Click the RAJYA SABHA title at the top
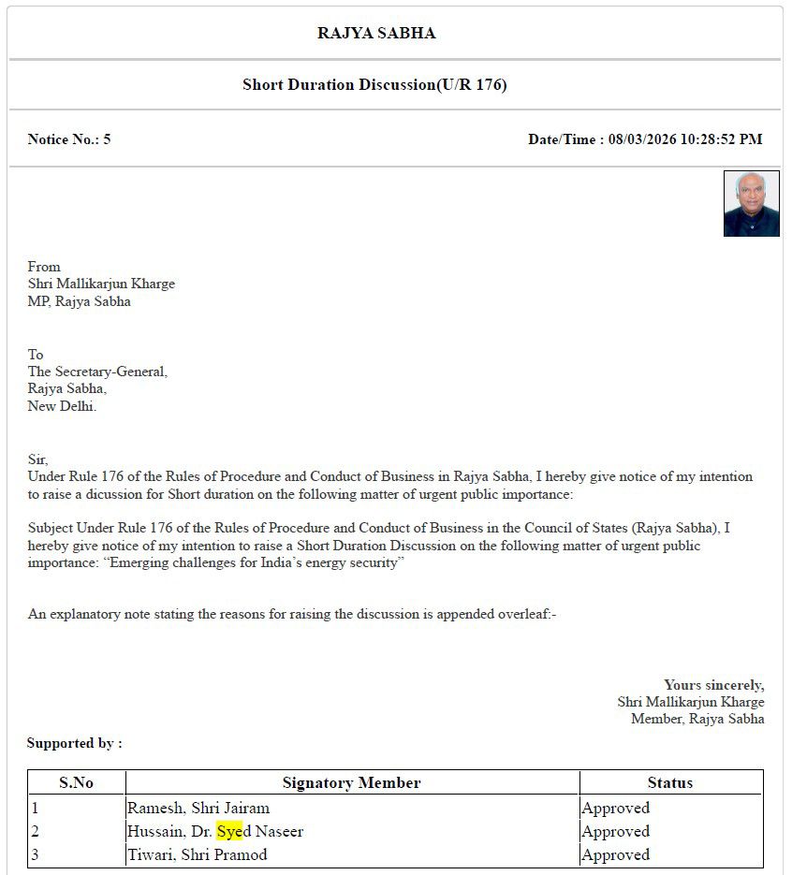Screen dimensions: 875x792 click(376, 34)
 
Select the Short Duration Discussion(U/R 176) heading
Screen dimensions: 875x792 click(374, 85)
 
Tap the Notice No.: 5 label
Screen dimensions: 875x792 click(69, 139)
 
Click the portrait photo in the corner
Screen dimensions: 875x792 click(751, 204)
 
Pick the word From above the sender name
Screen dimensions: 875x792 click(44, 267)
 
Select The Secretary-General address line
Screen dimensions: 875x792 click(97, 372)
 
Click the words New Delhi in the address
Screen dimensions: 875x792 click(62, 406)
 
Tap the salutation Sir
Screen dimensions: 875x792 click(37, 459)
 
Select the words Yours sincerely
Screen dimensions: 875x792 click(713, 685)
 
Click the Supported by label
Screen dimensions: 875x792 click(74, 743)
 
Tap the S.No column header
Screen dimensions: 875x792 click(77, 782)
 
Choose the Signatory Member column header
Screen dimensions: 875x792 click(351, 782)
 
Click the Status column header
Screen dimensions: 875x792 click(670, 782)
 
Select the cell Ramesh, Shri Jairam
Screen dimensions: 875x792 click(198, 808)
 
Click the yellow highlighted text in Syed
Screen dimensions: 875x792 click(229, 831)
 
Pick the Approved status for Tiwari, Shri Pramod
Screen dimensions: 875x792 click(615, 854)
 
